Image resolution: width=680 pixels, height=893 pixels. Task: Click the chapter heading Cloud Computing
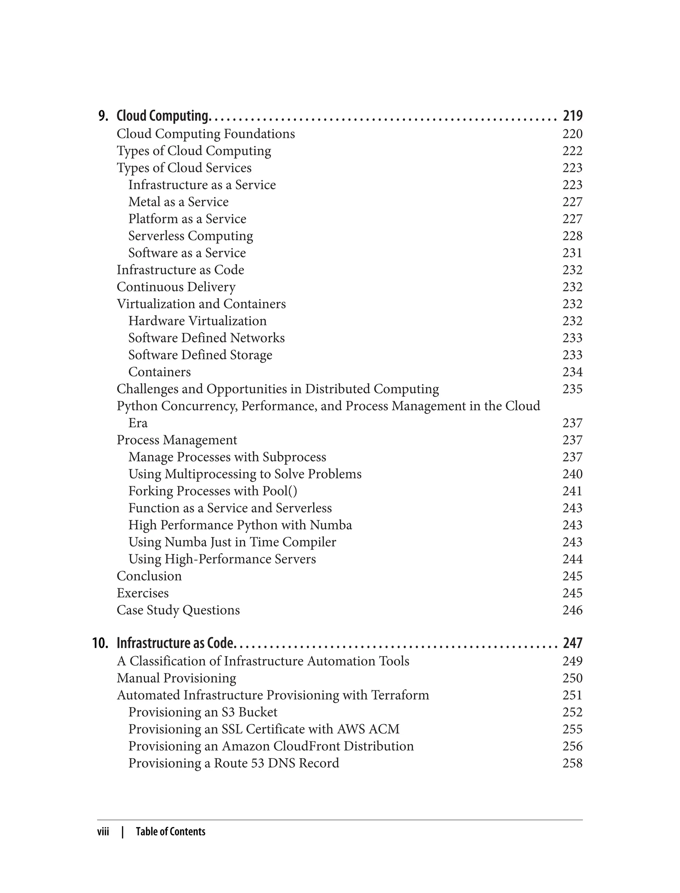click(x=162, y=116)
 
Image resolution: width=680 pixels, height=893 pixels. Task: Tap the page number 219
click(x=572, y=116)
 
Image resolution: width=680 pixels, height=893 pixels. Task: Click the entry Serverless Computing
click(x=190, y=236)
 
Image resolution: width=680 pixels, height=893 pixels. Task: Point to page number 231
click(x=572, y=253)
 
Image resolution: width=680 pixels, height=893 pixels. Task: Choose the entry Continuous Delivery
click(x=176, y=287)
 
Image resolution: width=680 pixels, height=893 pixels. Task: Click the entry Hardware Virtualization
click(x=197, y=321)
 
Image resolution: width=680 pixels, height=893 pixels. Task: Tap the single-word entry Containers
click(x=159, y=372)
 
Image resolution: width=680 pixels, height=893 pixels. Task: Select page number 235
click(x=572, y=389)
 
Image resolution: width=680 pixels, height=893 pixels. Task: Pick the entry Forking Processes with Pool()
click(x=212, y=491)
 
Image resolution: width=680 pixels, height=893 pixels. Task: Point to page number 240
click(x=572, y=474)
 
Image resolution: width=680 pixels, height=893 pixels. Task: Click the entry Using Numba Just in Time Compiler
click(x=232, y=542)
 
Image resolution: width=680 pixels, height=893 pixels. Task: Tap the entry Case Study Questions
click(x=178, y=610)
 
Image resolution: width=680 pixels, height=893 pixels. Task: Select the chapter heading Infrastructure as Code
click(x=175, y=643)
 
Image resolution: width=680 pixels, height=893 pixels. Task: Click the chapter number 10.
click(x=100, y=643)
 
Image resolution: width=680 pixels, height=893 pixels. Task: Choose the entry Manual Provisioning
click(x=177, y=678)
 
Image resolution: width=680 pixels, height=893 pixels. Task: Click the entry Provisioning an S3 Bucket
click(x=203, y=712)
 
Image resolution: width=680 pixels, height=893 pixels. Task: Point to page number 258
click(x=572, y=763)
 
